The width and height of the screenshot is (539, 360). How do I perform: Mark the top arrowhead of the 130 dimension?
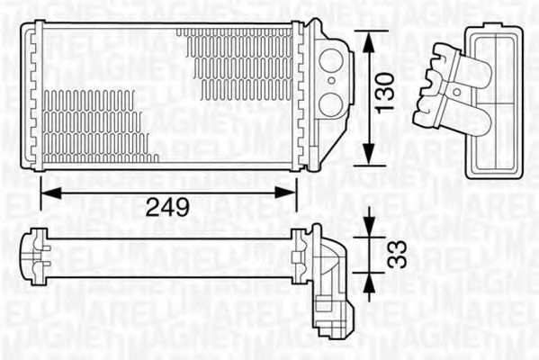click(368, 36)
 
